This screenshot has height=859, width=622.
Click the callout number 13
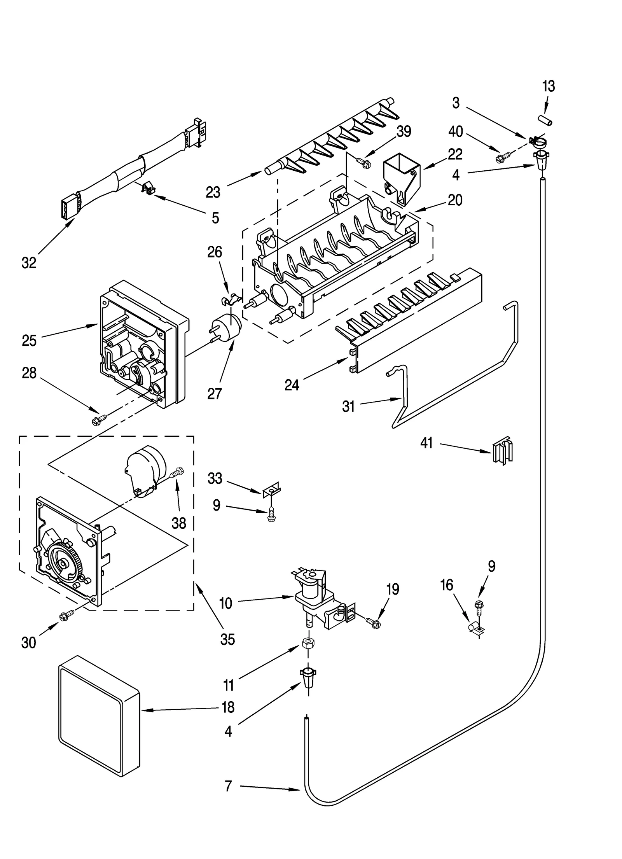(x=548, y=86)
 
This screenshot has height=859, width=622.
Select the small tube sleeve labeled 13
(x=545, y=120)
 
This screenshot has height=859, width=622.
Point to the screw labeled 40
(x=500, y=158)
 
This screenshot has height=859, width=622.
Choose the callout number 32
(x=29, y=263)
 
